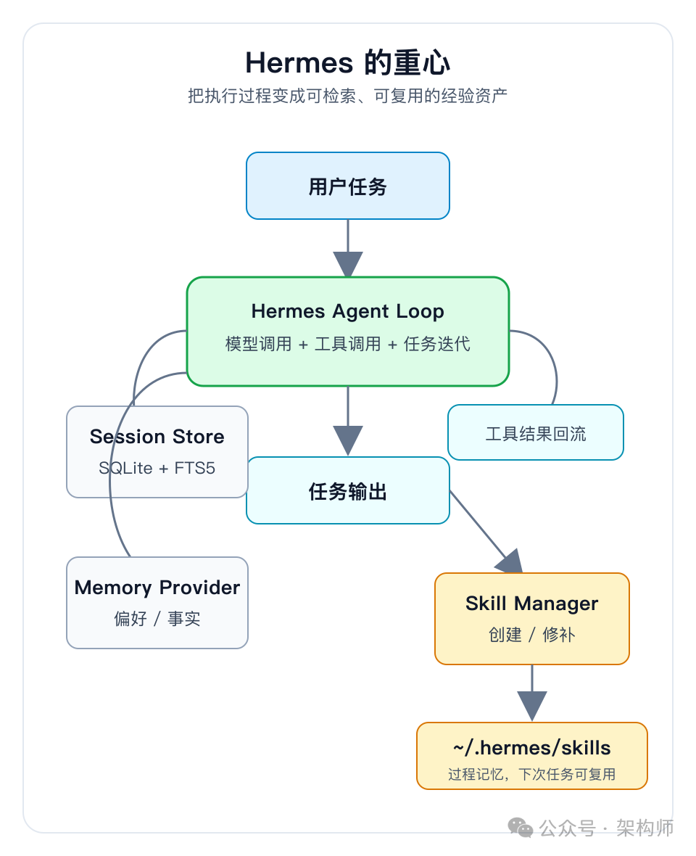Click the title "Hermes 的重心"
[348, 63]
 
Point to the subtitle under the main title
[348, 95]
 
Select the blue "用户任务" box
[348, 186]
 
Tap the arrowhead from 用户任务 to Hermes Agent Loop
[348, 264]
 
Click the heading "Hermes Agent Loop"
[348, 311]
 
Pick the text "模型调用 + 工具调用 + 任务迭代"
[348, 344]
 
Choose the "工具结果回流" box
[536, 434]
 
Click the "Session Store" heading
[157, 437]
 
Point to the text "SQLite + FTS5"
[157, 468]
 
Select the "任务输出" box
[348, 491]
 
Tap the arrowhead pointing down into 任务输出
[348, 440]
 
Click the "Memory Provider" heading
[157, 588]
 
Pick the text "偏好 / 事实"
[157, 619]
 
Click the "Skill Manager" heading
[532, 604]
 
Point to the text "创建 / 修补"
[532, 635]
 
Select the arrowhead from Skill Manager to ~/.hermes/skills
[532, 705]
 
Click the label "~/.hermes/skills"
[532, 748]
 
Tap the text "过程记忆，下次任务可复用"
[532, 774]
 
